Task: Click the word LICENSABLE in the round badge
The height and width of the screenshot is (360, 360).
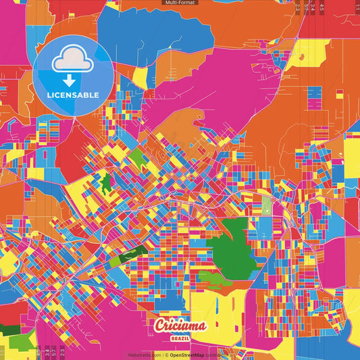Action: click(72, 95)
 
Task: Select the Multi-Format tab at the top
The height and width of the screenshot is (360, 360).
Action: click(180, 3)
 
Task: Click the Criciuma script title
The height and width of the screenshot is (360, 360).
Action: click(180, 326)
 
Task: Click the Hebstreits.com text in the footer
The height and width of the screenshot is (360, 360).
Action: click(145, 354)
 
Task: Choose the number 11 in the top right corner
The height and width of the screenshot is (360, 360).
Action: click(356, 8)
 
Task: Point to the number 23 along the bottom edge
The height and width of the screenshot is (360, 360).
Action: click(62, 351)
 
